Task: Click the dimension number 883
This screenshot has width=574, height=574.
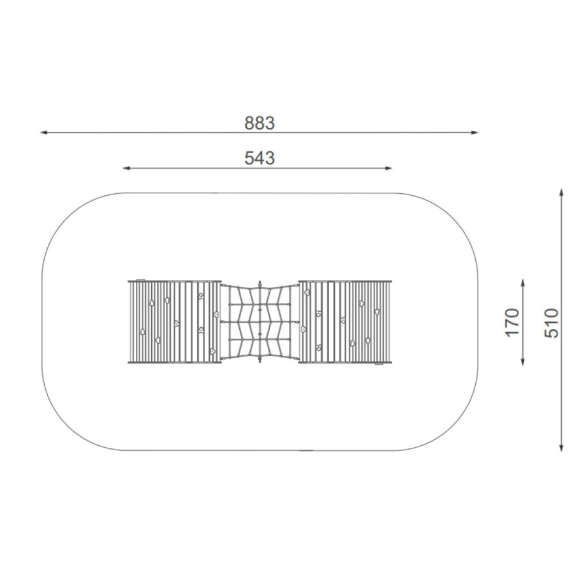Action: (x=260, y=123)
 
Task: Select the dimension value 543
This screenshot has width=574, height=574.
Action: (x=260, y=158)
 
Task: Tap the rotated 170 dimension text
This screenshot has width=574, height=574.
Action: (x=512, y=322)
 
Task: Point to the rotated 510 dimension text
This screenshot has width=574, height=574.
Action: (x=551, y=323)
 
